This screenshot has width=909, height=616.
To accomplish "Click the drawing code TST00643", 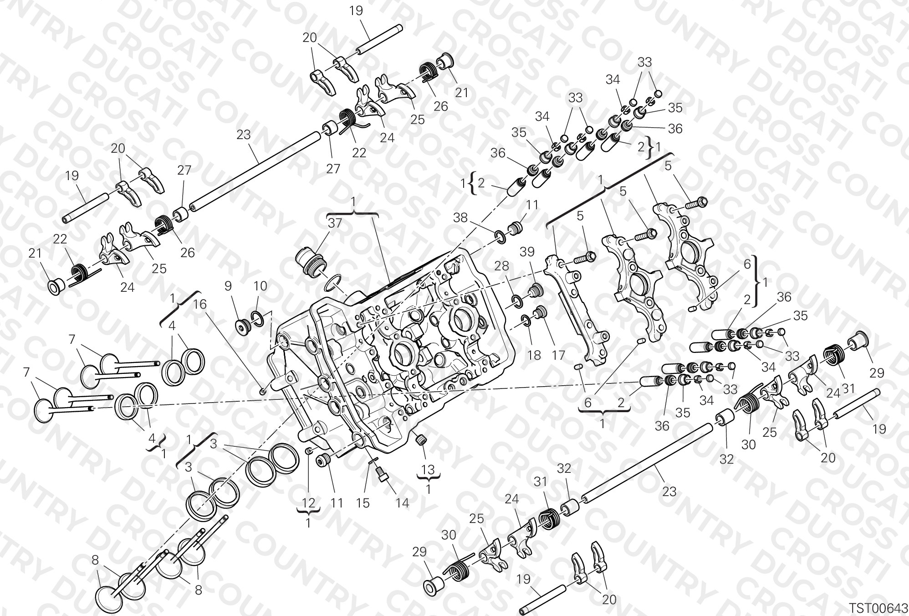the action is click(878, 608).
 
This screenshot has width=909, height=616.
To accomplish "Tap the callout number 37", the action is click(335, 223).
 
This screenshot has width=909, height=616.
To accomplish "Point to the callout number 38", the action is click(460, 218).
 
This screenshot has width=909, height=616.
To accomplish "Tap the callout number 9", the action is click(228, 286).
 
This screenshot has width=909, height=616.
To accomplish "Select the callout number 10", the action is click(260, 286).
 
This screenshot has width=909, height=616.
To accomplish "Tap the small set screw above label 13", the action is click(422, 440).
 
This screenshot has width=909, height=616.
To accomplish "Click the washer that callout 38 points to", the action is click(499, 236).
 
